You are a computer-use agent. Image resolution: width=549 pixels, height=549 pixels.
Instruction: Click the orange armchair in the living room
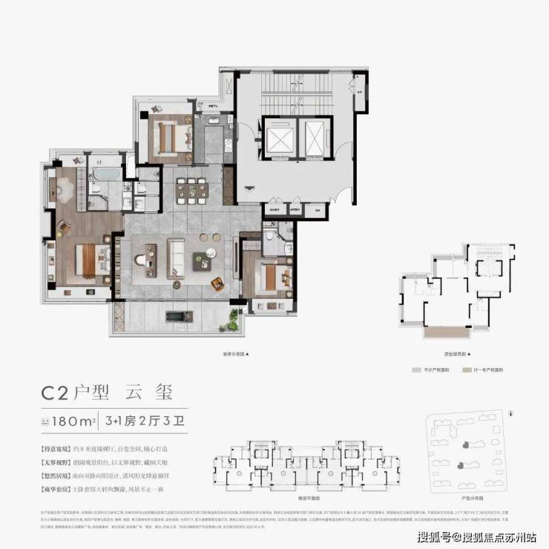click(x=216, y=283)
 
